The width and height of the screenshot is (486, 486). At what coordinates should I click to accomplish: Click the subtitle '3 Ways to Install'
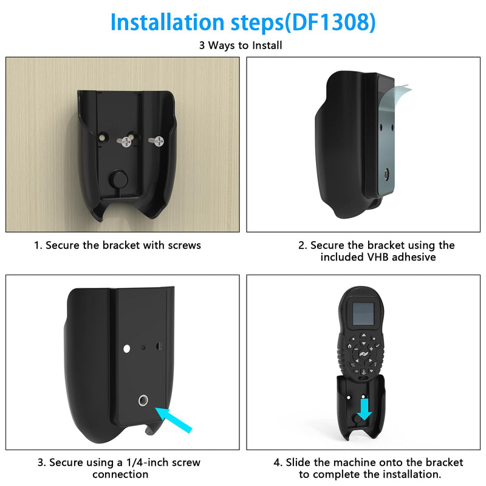click(x=241, y=45)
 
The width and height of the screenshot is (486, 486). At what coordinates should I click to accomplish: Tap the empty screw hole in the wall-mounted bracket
click(x=103, y=137)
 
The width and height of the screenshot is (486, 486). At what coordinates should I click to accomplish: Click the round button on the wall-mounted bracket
click(x=118, y=180)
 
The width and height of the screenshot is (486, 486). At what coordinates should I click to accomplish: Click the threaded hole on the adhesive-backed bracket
click(x=386, y=174)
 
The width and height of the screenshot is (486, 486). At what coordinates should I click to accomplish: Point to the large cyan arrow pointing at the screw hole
click(x=174, y=420)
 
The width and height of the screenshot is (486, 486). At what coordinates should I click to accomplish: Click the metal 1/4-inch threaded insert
click(x=143, y=400)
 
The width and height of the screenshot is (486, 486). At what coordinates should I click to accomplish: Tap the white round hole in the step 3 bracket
click(x=126, y=348)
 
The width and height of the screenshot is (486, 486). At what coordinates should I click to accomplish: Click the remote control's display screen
click(x=363, y=313)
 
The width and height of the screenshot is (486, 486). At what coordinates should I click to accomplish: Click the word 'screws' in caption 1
click(x=185, y=245)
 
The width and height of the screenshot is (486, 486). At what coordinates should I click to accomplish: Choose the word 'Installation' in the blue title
click(x=168, y=22)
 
